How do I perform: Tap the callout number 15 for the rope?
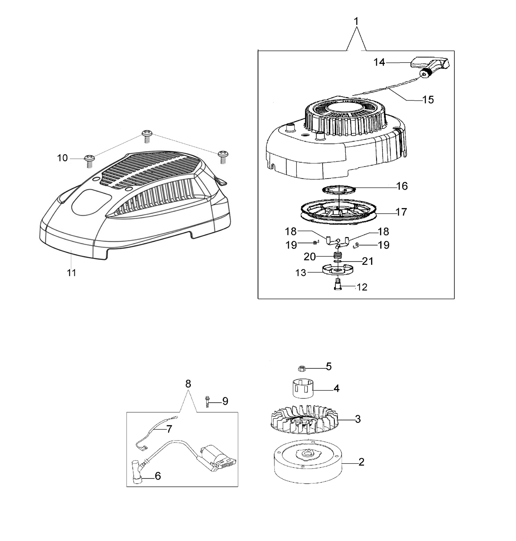428,100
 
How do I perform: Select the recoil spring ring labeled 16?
339,190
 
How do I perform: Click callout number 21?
368,261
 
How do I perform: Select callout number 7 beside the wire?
169,429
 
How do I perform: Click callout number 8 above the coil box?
188,384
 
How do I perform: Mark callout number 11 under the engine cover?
71,273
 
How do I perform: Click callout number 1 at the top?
356,21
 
